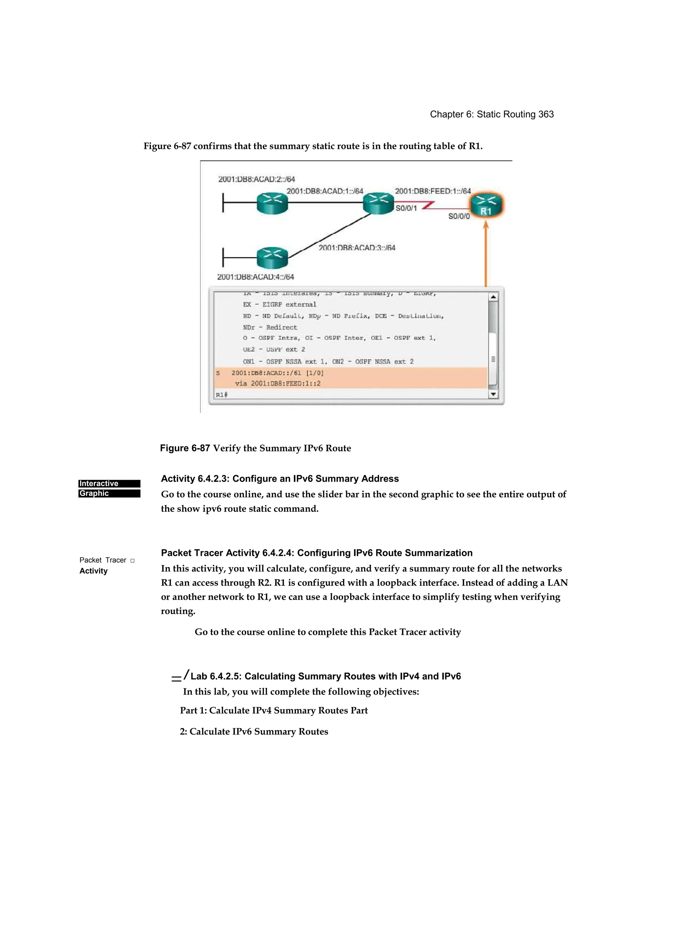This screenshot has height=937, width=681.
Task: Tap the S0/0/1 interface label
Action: [x=406, y=208]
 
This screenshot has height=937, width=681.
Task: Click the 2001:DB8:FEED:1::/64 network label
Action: [x=433, y=191]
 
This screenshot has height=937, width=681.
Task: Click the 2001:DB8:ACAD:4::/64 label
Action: [x=255, y=277]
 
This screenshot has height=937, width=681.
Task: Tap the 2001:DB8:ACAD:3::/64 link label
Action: [x=356, y=247]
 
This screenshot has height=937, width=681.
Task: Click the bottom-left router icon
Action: [x=272, y=257]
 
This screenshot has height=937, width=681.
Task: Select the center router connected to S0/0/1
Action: [x=378, y=203]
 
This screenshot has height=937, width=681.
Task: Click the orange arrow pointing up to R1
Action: [x=486, y=254]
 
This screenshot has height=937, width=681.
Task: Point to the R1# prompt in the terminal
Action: [x=221, y=395]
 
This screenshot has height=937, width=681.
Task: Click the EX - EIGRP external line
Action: [x=279, y=305]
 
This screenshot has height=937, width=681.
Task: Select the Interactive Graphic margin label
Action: [x=109, y=488]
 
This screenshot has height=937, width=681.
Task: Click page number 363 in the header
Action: [x=545, y=114]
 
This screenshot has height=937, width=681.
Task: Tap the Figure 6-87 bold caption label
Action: [x=185, y=448]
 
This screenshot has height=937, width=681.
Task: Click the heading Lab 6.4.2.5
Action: [x=326, y=676]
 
